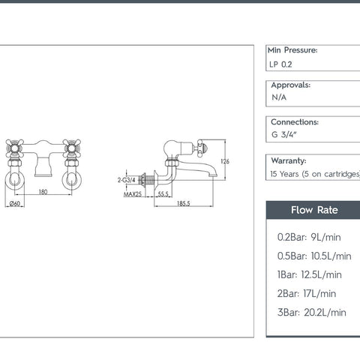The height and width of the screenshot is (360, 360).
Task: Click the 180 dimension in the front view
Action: pyautogui.click(x=43, y=192)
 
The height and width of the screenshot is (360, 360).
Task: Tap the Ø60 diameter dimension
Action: pyautogui.click(x=13, y=203)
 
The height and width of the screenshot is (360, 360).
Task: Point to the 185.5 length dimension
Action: pyautogui.click(x=183, y=203)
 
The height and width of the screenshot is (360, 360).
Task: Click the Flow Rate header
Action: pyautogui.click(x=313, y=210)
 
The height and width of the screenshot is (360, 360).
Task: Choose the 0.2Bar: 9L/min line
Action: pyautogui.click(x=309, y=237)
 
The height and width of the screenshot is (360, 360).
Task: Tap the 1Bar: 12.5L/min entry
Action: pyautogui.click(x=309, y=274)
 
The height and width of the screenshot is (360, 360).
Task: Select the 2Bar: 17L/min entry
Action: pyautogui.click(x=307, y=293)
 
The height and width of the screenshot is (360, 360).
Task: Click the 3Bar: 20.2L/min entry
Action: pyautogui.click(x=312, y=312)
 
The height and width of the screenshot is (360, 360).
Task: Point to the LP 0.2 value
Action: pyautogui.click(x=282, y=64)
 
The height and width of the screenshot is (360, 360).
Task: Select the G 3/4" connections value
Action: pyautogui.click(x=286, y=135)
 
